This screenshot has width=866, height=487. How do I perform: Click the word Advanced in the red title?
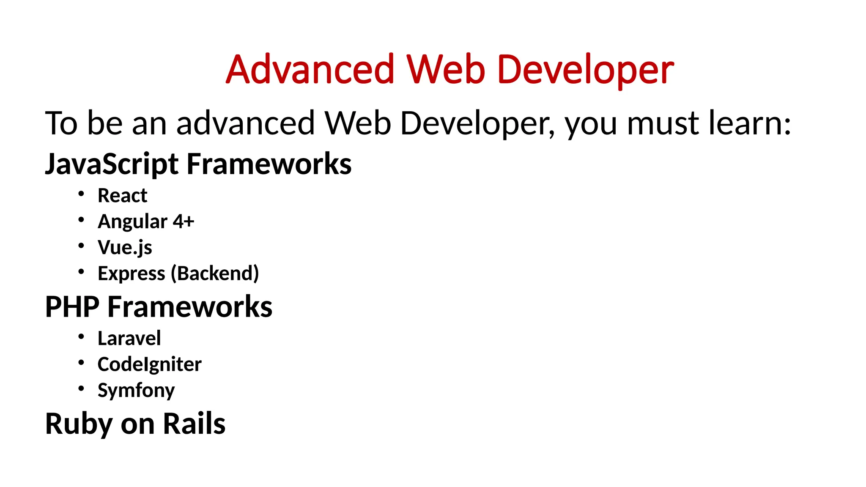pyautogui.click(x=310, y=69)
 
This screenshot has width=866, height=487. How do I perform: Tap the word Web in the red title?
pyautogui.click(x=446, y=69)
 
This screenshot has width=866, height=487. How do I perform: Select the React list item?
pyautogui.click(x=122, y=196)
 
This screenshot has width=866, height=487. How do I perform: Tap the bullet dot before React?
pyautogui.click(x=81, y=194)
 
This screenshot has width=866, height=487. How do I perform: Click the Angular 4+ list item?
pyautogui.click(x=146, y=222)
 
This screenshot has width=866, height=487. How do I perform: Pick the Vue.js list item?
pyautogui.click(x=125, y=248)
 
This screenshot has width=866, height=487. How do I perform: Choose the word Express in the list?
pyautogui.click(x=131, y=274)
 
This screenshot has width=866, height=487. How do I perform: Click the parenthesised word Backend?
pyautogui.click(x=215, y=274)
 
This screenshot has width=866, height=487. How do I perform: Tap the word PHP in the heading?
pyautogui.click(x=72, y=306)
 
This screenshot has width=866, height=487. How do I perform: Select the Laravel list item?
pyautogui.click(x=129, y=338)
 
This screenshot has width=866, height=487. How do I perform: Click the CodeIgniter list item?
pyautogui.click(x=149, y=364)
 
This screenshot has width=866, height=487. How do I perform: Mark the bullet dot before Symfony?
pyautogui.click(x=81, y=389)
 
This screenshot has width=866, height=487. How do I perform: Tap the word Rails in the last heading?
pyautogui.click(x=194, y=424)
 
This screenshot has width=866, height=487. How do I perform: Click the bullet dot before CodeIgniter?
pyautogui.click(x=81, y=363)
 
